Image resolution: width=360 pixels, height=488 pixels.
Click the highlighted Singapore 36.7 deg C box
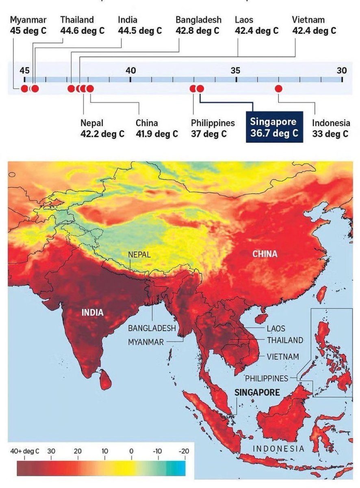pyautogui.click(x=273, y=127)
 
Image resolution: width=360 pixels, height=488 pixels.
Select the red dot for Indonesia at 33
pyautogui.click(x=278, y=88)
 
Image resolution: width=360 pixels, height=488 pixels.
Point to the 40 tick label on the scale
pyautogui.click(x=130, y=70)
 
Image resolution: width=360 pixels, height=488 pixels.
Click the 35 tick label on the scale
pyautogui.click(x=236, y=70)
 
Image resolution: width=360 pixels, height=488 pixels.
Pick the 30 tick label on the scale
pyautogui.click(x=342, y=70)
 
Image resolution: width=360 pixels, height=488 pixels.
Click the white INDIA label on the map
pyautogui.click(x=93, y=313)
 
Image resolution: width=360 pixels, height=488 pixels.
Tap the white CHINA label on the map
pyautogui.click(x=265, y=254)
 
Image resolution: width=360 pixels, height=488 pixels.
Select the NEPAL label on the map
pyautogui.click(x=139, y=255)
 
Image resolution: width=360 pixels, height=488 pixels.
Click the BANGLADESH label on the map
pyautogui.click(x=152, y=328)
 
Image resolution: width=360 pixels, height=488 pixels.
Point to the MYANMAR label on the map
pyautogui.click(x=145, y=342)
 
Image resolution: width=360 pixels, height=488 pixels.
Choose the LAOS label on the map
pyautogui.click(x=276, y=328)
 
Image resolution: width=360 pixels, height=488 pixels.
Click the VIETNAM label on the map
pyautogui.click(x=283, y=357)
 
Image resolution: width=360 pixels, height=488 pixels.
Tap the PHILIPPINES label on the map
pyautogui.click(x=266, y=379)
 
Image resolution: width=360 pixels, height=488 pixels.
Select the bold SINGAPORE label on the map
pyautogui.click(x=257, y=392)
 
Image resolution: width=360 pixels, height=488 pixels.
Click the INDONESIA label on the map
pyautogui.click(x=278, y=449)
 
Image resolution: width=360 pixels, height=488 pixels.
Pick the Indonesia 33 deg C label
pyautogui.click(x=331, y=128)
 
